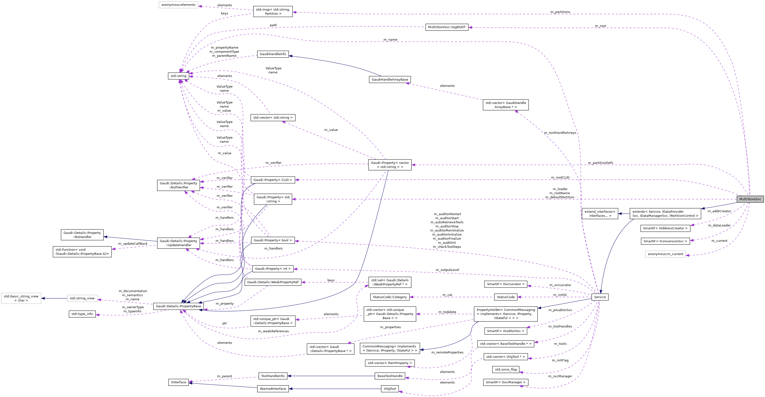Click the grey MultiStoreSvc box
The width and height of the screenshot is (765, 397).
tap(750, 199)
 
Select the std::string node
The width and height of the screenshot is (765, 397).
tap(178, 76)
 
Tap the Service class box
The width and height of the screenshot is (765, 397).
tap(600, 297)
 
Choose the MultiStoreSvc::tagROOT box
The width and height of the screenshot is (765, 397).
tap(447, 27)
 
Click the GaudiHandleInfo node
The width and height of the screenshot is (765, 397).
tap(273, 54)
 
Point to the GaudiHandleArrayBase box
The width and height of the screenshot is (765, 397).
tap(390, 79)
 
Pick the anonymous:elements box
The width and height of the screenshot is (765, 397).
tap(178, 5)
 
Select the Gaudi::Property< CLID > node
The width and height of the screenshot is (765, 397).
tap(273, 180)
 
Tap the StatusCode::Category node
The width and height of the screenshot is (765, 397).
tap(390, 297)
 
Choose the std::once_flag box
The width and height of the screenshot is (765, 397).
tap(506, 369)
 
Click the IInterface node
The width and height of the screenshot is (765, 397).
tap(178, 382)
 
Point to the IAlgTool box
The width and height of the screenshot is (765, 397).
tap(390, 389)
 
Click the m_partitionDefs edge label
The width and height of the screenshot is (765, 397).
tap(601, 163)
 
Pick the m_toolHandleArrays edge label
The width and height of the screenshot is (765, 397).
tap(560, 133)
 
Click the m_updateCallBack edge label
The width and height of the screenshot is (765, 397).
tap(133, 243)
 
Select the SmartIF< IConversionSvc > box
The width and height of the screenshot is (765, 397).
tap(665, 241)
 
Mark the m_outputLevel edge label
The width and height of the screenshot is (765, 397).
tap(447, 270)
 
